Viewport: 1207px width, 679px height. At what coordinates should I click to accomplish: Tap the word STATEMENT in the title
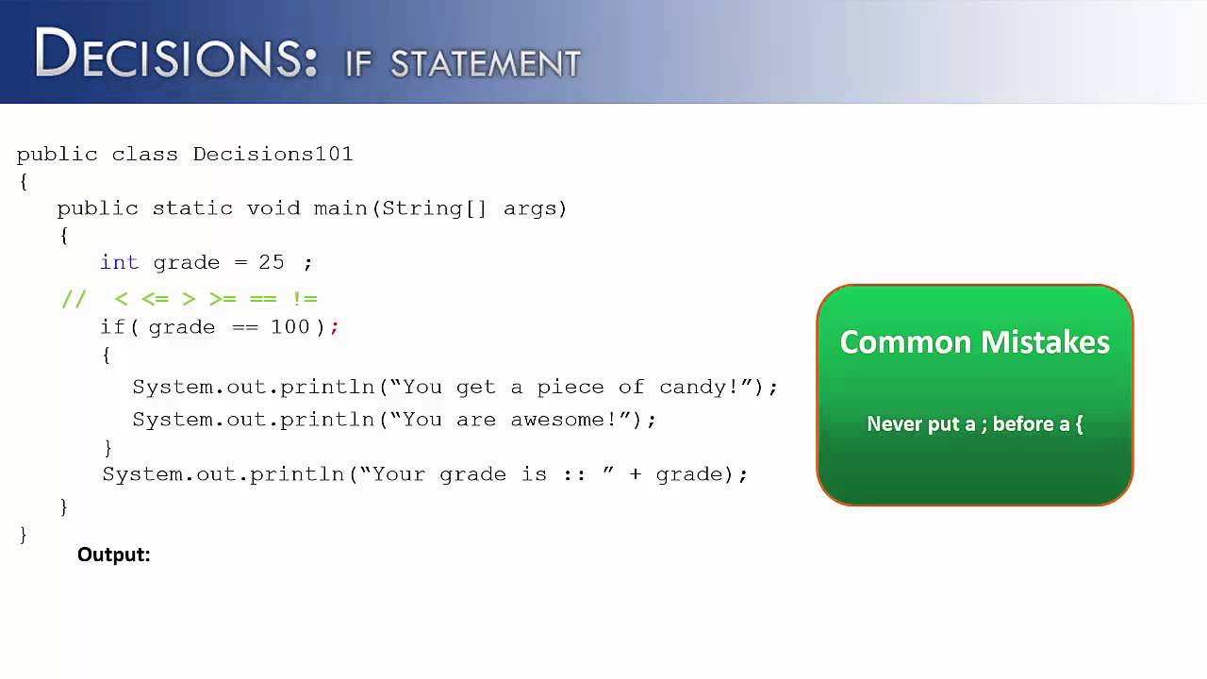click(485, 64)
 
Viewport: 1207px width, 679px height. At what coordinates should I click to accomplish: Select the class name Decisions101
click(273, 154)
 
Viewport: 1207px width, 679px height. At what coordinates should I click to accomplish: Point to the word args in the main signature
click(530, 208)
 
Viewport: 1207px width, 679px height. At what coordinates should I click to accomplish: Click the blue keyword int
click(119, 262)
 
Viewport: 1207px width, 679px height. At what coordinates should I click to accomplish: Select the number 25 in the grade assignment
click(272, 262)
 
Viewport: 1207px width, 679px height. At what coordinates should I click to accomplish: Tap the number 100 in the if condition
click(290, 326)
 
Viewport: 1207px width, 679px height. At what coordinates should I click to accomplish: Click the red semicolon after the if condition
click(335, 327)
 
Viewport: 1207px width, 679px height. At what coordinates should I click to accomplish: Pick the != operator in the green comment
click(305, 299)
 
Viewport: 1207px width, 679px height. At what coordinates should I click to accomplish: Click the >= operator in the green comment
click(223, 299)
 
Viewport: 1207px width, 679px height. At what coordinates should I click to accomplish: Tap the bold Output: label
click(114, 555)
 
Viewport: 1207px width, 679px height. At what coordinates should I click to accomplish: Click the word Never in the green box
click(894, 423)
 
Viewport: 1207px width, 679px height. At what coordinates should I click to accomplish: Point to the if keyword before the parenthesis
click(111, 326)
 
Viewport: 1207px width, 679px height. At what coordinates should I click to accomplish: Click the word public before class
click(57, 154)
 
